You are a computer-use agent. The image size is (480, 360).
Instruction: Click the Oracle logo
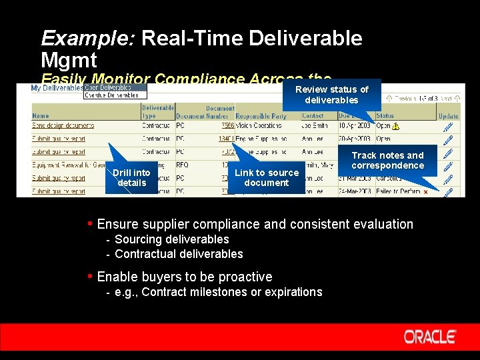tap(430, 337)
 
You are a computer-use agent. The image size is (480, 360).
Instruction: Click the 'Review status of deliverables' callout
tap(331, 95)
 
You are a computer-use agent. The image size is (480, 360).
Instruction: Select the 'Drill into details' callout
tap(131, 177)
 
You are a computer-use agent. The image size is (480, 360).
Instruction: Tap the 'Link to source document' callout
tap(267, 177)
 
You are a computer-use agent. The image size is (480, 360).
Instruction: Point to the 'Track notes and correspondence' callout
tap(387, 160)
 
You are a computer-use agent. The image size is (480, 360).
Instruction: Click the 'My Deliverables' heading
tap(57, 88)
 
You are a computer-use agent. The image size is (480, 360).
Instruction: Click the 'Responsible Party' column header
tap(261, 116)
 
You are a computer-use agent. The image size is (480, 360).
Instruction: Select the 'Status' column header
tap(385, 116)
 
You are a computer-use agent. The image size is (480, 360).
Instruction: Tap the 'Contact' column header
tap(313, 116)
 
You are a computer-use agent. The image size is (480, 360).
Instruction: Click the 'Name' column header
tap(41, 116)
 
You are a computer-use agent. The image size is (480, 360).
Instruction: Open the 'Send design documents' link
tap(63, 125)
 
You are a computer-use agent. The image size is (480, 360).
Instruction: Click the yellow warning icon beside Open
tap(396, 125)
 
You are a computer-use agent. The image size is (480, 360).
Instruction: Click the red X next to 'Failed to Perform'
tap(425, 192)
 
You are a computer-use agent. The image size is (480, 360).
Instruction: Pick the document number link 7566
tap(228, 125)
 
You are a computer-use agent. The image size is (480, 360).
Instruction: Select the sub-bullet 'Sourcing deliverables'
tap(172, 239)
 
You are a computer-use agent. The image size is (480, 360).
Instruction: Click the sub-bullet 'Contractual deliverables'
tap(179, 254)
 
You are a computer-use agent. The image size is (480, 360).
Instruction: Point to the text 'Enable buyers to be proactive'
tap(185, 277)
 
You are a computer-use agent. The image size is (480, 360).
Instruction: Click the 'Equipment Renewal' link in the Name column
tap(67, 165)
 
